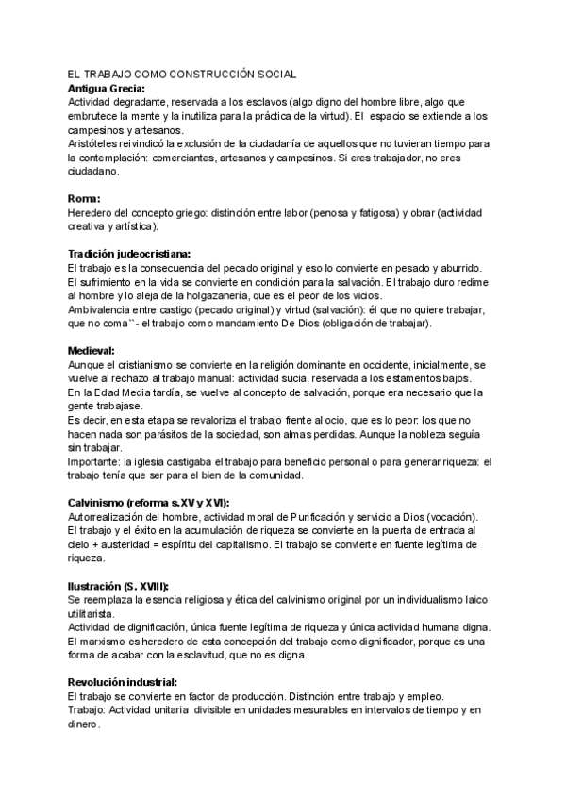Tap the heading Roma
pos(84,198)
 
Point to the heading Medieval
pos(93,349)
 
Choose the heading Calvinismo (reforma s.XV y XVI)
pos(148,502)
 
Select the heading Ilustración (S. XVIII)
pos(128,586)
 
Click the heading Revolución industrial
pos(128,682)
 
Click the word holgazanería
pos(270,295)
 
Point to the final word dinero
pos(83,725)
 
